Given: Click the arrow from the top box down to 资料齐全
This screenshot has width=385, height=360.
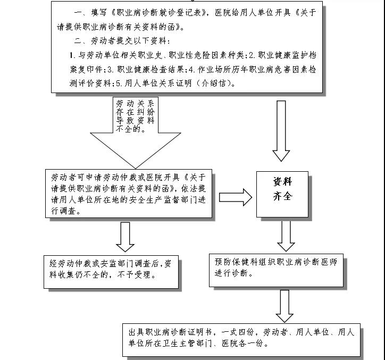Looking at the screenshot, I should (281, 130).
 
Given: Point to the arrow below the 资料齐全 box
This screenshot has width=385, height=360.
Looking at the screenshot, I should (286, 235).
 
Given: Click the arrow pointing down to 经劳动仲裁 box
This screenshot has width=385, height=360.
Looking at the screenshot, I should (125, 237).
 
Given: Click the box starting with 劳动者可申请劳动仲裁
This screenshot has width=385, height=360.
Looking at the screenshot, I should (128, 193).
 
